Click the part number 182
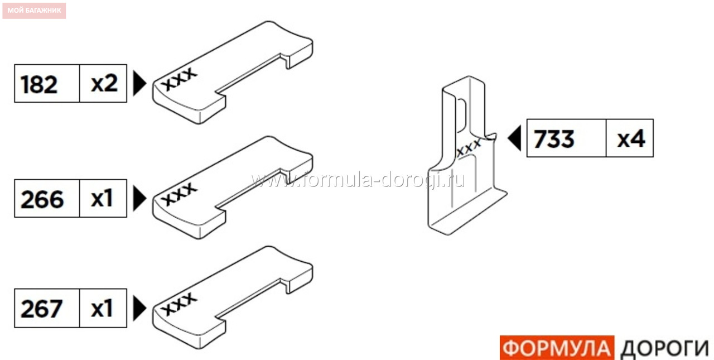[x=39, y=84]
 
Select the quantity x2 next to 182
[x=104, y=84]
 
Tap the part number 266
[x=42, y=199]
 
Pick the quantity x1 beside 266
[x=102, y=199]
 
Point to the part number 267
[x=41, y=309]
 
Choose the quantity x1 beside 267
[x=102, y=308]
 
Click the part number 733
[x=554, y=139]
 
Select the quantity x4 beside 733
[x=631, y=139]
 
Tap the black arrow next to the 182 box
[x=139, y=83]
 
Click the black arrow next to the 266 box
[x=139, y=198]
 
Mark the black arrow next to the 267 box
[x=139, y=308]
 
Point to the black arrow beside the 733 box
[x=514, y=138]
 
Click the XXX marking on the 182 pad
[x=179, y=79]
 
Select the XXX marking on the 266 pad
[x=179, y=194]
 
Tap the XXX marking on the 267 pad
[x=179, y=304]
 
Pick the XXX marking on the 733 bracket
[x=469, y=148]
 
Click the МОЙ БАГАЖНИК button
[x=34, y=11]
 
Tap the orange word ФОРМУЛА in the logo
[x=557, y=348]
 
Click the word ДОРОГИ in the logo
[x=665, y=349]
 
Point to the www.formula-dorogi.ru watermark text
[x=358, y=180]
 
